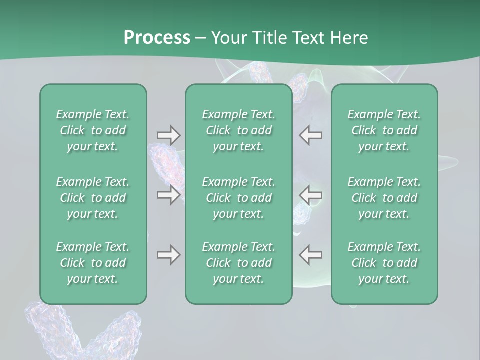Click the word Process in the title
[x=157, y=37]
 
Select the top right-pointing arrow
[x=168, y=135]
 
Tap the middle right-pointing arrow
[x=168, y=195]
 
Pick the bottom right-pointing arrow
[x=168, y=255]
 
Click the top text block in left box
[x=93, y=130]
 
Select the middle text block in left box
[x=93, y=198]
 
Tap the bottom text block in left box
[x=93, y=263]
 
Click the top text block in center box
[x=239, y=130]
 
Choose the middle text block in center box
[x=239, y=198]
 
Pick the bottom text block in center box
[x=239, y=263]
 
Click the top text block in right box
[x=384, y=130]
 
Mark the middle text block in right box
[x=384, y=198]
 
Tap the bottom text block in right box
[x=384, y=263]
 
